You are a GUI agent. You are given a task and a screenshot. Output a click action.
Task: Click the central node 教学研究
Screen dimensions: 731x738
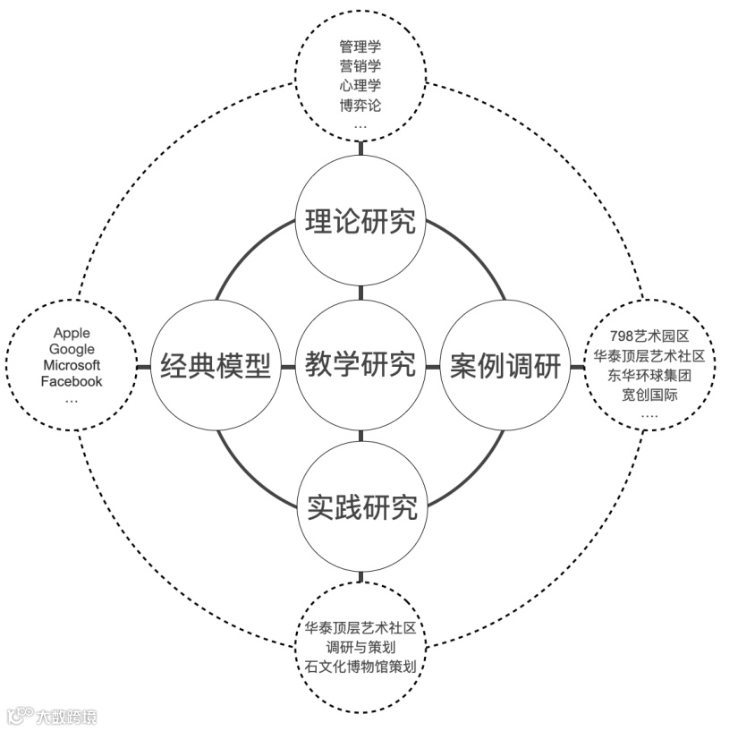coord(361,365)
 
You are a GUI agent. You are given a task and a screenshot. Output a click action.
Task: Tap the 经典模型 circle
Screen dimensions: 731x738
coord(216,365)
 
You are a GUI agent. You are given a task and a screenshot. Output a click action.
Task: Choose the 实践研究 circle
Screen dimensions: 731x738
coord(361,508)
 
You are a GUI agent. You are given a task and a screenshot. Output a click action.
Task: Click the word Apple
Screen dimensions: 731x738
coord(72,333)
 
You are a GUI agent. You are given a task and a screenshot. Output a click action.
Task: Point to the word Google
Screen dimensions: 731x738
coord(72,349)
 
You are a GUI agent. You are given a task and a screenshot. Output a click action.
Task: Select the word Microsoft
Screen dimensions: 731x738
coord(72,365)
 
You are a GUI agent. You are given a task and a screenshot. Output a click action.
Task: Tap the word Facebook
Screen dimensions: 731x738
coord(72,381)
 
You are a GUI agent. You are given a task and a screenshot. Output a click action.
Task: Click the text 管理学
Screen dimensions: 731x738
coord(361,46)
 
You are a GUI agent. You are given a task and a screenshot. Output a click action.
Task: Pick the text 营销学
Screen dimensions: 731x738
coord(361,65)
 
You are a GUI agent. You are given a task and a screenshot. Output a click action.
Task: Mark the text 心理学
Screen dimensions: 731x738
coord(361,85)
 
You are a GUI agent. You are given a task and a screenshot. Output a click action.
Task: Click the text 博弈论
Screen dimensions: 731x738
coord(361,105)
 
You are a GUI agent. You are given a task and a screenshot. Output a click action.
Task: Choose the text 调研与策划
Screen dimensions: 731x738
coord(361,646)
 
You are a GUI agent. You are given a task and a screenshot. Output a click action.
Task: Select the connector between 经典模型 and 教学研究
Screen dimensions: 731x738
coord(288,366)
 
